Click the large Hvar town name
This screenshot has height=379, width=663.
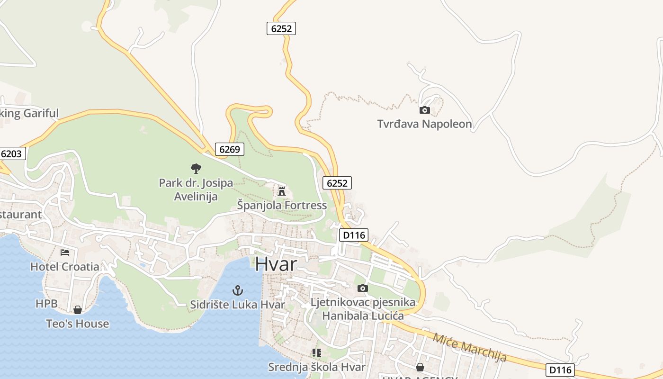(276, 264)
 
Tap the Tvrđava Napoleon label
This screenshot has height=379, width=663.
(424, 124)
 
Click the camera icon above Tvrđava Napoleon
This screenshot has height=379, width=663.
(425, 110)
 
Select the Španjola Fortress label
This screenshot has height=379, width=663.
(282, 205)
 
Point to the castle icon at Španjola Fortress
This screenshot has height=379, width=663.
(282, 191)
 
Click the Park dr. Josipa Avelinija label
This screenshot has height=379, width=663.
(196, 189)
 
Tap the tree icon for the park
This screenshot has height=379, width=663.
(196, 168)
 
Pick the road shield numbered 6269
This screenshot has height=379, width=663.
(230, 149)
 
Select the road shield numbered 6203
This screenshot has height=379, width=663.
(12, 153)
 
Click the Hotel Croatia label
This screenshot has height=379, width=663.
(65, 267)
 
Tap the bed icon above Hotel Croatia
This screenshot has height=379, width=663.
(65, 253)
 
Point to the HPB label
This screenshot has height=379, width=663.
(46, 304)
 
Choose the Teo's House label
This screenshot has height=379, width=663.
(77, 324)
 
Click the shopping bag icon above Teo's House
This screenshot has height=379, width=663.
(77, 310)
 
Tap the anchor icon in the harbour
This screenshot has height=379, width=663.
(238, 290)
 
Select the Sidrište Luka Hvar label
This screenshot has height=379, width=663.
(237, 304)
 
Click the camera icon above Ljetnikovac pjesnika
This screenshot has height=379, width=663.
(362, 288)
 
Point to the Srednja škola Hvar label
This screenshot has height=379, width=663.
(316, 367)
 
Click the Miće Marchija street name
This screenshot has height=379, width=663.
(469, 348)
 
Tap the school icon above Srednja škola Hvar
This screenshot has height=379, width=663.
(316, 353)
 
